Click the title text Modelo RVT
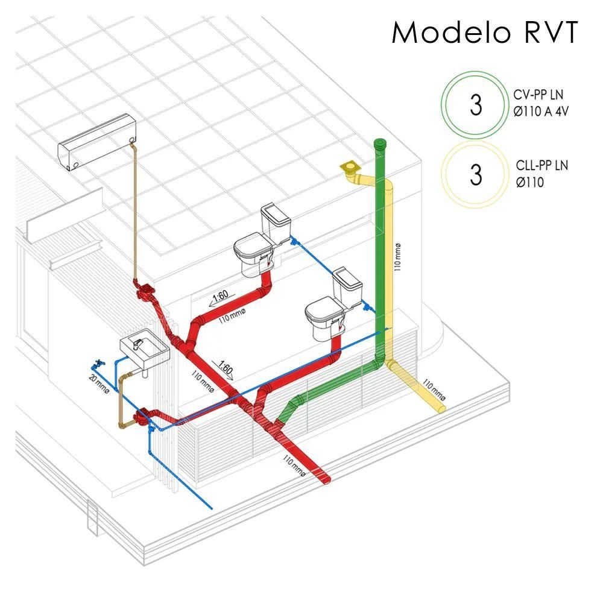(x=485, y=33)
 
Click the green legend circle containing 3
(x=476, y=105)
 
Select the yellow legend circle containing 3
(x=476, y=174)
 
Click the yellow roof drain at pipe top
(x=349, y=166)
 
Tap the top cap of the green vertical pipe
(x=381, y=144)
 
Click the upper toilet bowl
(x=253, y=253)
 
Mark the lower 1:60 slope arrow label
(x=225, y=368)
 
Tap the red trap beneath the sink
(x=142, y=418)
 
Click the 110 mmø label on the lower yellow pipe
(x=434, y=390)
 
